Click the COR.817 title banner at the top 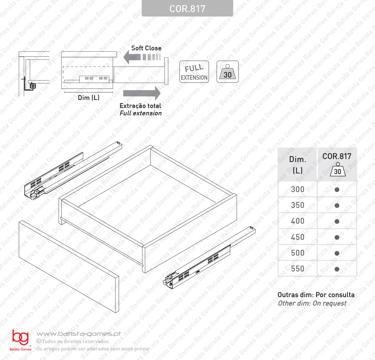coord(187,8)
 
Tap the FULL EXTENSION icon coord(194,72)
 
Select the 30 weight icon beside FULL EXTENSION coord(228,72)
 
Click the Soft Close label coord(146,48)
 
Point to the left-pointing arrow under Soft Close coord(142,57)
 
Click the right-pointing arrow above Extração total coord(142,93)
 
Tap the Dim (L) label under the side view coord(89,97)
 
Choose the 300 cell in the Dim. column coord(297,190)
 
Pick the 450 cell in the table coord(297,237)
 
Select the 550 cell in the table coord(297,269)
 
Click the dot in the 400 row coord(337,222)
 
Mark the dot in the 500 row coord(337,253)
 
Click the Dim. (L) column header coord(297,165)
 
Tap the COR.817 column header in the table coord(337,165)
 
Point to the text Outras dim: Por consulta coord(316,295)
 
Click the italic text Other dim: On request coord(312,303)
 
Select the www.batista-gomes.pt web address coord(79,334)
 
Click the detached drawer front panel coord(69,266)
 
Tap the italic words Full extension coord(140,113)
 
